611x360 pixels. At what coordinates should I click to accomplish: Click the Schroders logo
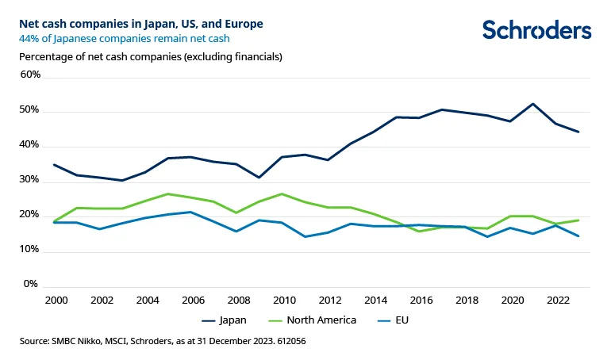click(x=537, y=31)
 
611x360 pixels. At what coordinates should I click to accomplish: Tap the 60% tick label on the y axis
click(x=29, y=75)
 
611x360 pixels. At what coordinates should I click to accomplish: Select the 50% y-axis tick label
click(x=29, y=110)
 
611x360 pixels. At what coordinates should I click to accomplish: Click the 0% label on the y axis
click(x=32, y=284)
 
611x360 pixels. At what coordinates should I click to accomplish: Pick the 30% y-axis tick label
click(x=29, y=180)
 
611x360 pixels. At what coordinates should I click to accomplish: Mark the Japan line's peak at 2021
click(x=533, y=104)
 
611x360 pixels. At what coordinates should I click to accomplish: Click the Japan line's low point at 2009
click(x=259, y=177)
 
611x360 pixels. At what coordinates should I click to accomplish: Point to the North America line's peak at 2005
click(x=167, y=193)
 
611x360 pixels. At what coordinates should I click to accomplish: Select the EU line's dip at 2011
click(x=305, y=236)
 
